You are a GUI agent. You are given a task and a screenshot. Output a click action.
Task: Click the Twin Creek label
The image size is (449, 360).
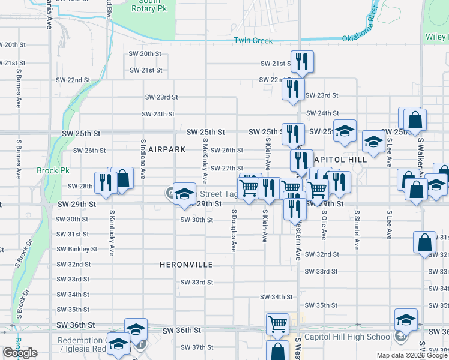click(x=253, y=41)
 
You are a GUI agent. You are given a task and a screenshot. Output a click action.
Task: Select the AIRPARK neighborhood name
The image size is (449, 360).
click(x=168, y=149)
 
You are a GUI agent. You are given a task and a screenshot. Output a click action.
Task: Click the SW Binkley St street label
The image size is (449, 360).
click(x=77, y=249)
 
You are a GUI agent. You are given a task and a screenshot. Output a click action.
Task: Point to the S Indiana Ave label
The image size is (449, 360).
click(x=143, y=159)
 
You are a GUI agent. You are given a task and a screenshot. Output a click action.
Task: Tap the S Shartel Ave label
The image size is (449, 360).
click(x=357, y=229)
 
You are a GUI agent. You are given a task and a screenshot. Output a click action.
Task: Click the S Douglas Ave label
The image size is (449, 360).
click(x=234, y=230)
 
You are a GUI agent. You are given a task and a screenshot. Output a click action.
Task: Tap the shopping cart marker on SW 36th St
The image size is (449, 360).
click(x=277, y=323)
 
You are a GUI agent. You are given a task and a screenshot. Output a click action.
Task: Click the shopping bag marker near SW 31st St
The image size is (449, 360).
click(x=424, y=242)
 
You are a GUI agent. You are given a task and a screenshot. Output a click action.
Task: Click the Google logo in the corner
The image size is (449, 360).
click(x=20, y=353)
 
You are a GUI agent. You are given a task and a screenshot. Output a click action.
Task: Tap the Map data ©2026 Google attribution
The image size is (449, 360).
click(x=411, y=355)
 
